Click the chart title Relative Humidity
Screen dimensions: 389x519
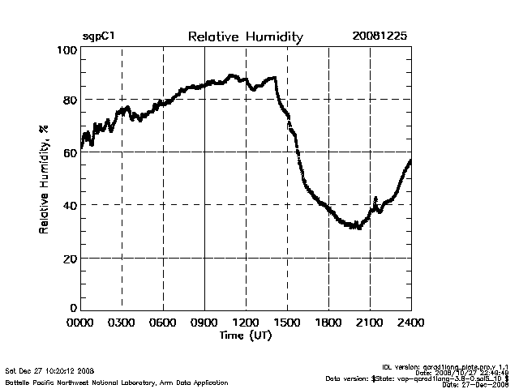[x=245, y=37]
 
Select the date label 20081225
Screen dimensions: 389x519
[x=380, y=37]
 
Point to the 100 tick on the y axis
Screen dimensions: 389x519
[x=67, y=50]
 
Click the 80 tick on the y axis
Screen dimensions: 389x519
[x=70, y=100]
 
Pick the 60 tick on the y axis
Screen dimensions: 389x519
[x=70, y=152]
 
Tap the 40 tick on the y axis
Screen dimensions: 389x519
[x=70, y=205]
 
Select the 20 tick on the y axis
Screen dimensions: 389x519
[x=70, y=258]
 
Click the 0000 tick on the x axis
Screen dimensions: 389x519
[x=81, y=322]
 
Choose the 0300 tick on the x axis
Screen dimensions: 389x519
[x=122, y=322]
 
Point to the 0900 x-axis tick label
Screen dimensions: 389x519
[x=205, y=322]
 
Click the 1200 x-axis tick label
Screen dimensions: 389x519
[x=247, y=322]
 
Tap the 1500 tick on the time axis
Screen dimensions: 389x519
[x=288, y=322]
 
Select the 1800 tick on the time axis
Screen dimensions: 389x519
[x=328, y=322]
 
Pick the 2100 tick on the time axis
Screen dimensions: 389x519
[x=370, y=322]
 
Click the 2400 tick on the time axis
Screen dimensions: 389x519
[x=410, y=322]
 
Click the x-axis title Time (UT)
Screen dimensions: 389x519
[x=245, y=334]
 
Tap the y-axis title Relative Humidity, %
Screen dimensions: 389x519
[x=44, y=179]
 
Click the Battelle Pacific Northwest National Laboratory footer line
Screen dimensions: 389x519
[x=116, y=382]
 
